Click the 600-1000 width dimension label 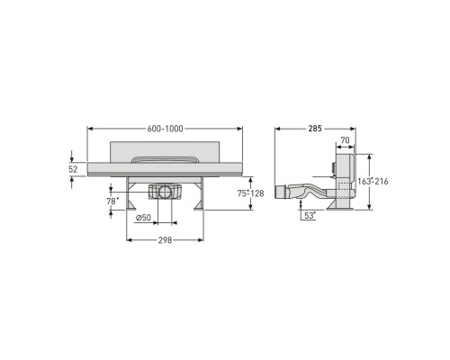pos(165,129)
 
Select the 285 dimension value pos(315,129)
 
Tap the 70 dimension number pos(346,140)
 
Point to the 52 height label pos(73,169)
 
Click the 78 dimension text pos(112,202)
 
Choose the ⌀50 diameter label pos(143,218)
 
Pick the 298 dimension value pos(166,240)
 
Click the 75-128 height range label pos(251,193)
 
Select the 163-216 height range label pos(373,182)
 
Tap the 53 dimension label pos(310,216)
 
